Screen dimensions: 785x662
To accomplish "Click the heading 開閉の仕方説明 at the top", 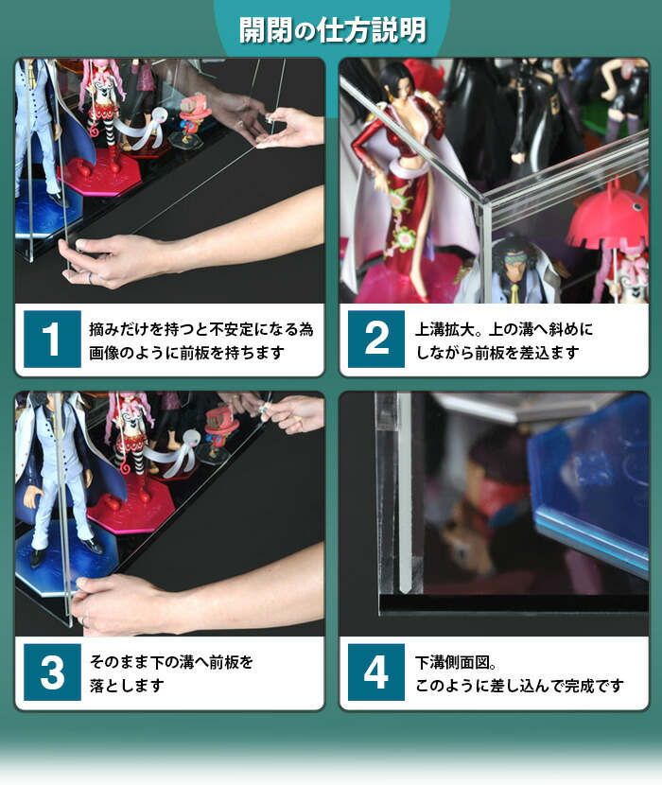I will point(330,29).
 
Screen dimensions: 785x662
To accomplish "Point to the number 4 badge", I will point(375,672).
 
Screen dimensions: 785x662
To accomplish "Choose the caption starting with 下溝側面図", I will point(519,672).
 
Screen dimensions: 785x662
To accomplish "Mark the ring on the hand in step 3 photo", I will point(84,619).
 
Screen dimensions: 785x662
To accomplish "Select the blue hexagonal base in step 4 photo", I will point(591,482).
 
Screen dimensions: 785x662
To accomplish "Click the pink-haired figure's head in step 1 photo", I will point(98,76).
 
